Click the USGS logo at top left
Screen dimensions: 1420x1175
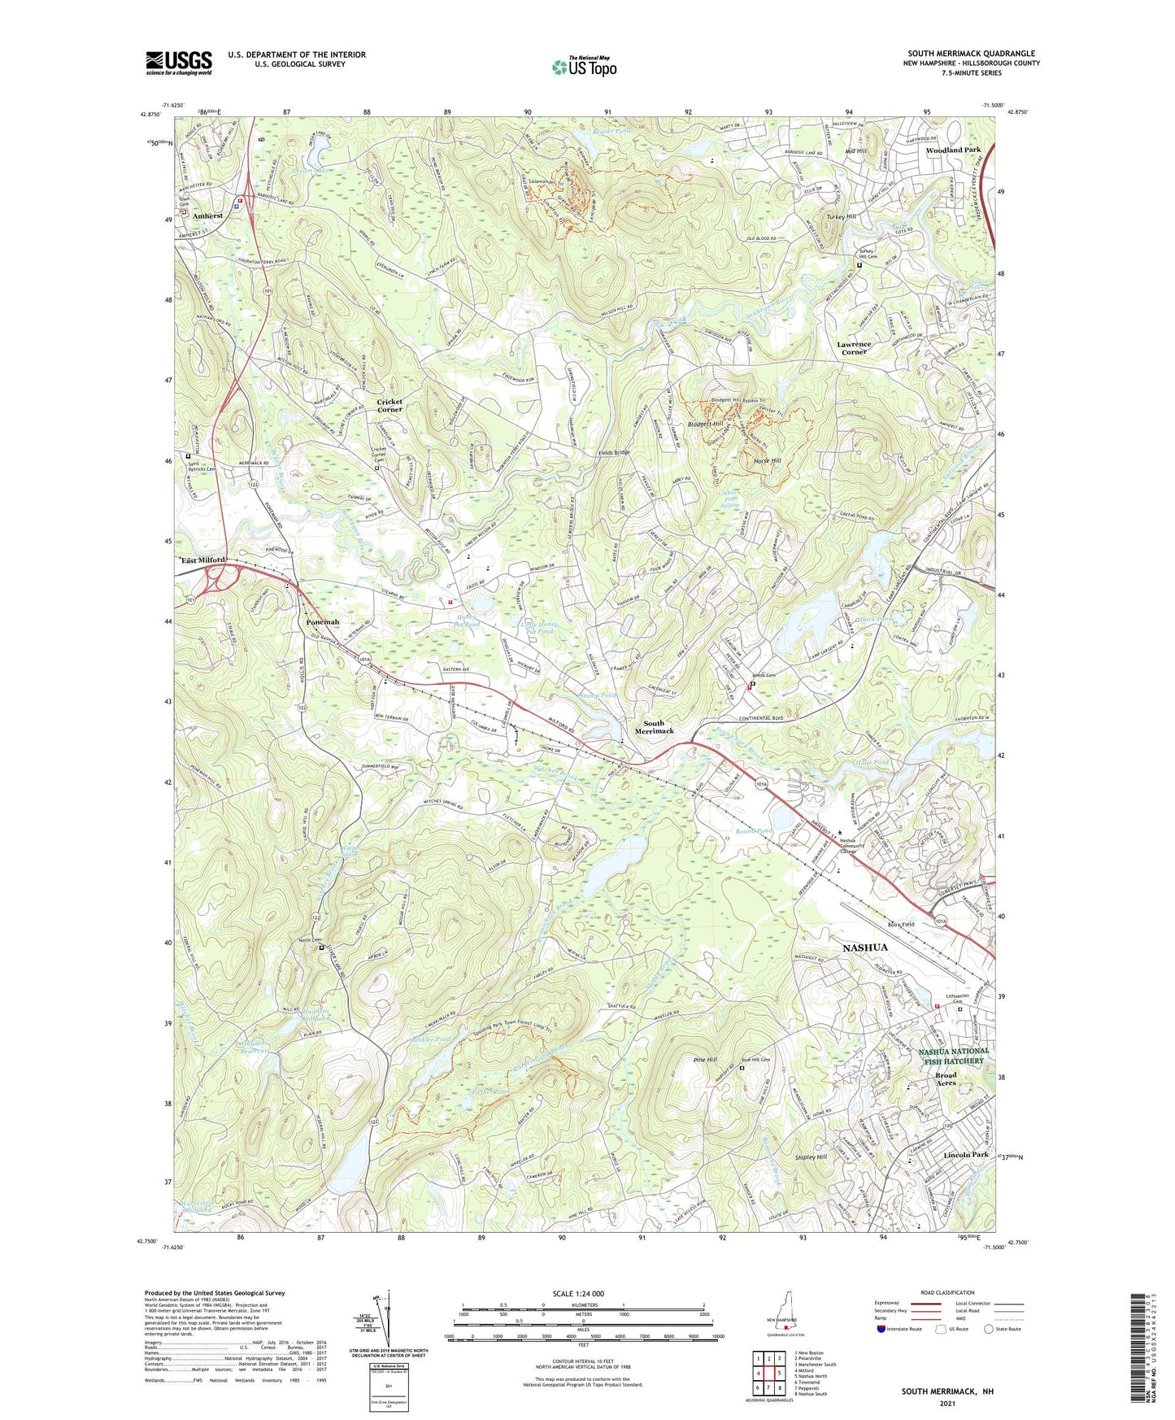179,63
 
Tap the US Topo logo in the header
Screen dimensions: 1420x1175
583,67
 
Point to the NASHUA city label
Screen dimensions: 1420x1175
864,947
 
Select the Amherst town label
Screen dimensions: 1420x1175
209,216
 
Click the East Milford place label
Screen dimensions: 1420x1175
202,560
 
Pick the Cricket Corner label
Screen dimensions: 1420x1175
389,406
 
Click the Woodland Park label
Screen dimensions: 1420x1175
953,150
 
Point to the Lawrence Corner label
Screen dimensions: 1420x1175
854,348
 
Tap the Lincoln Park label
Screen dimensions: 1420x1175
965,1155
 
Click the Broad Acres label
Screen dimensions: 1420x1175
946,1079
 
